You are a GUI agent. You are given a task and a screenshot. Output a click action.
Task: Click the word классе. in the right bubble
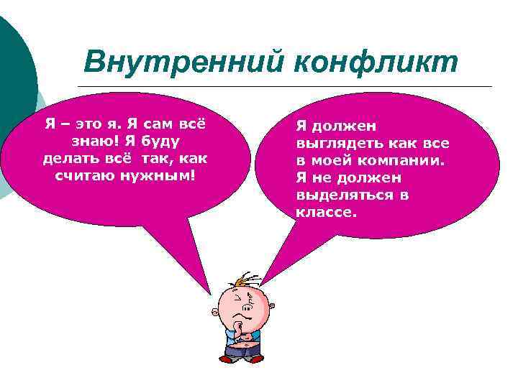[x=326, y=212]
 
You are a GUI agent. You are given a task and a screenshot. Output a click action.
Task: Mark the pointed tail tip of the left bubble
[x=211, y=295]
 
